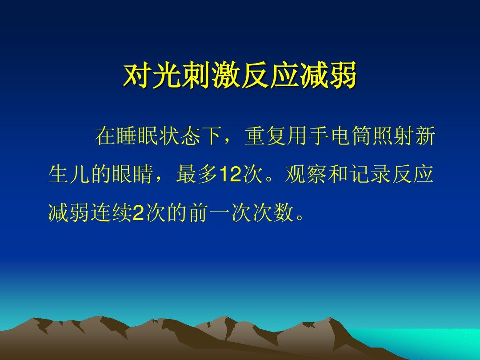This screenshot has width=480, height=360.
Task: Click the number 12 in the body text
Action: (231, 175)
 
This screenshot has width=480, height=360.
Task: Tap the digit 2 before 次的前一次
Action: (138, 213)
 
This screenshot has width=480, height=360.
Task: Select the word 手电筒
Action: (340, 136)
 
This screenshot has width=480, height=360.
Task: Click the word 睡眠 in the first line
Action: (137, 136)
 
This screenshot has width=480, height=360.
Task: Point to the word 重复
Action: (266, 136)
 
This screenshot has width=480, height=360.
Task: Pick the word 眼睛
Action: (132, 175)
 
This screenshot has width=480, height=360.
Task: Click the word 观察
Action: (306, 175)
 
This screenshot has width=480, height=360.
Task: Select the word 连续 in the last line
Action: (112, 213)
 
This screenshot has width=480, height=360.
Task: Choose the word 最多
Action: (197, 175)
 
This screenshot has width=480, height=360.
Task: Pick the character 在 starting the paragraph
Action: (106, 136)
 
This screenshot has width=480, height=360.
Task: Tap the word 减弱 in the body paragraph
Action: (69, 213)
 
